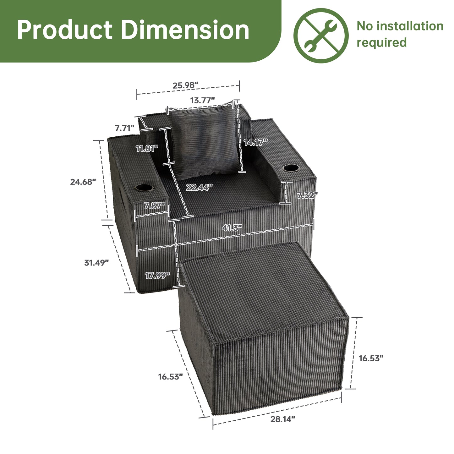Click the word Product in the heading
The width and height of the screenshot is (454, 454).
coord(65,30)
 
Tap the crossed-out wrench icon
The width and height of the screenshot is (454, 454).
coord(321,36)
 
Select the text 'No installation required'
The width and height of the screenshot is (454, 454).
coord(400,34)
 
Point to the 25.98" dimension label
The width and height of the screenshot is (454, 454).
coord(185,85)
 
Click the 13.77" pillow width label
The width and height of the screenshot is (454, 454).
coord(202,100)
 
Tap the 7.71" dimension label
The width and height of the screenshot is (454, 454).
coord(125,128)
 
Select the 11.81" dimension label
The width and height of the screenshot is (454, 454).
coord(147,148)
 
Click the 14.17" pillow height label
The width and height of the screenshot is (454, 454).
coord(256,142)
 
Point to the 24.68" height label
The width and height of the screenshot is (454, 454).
coord(83,182)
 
